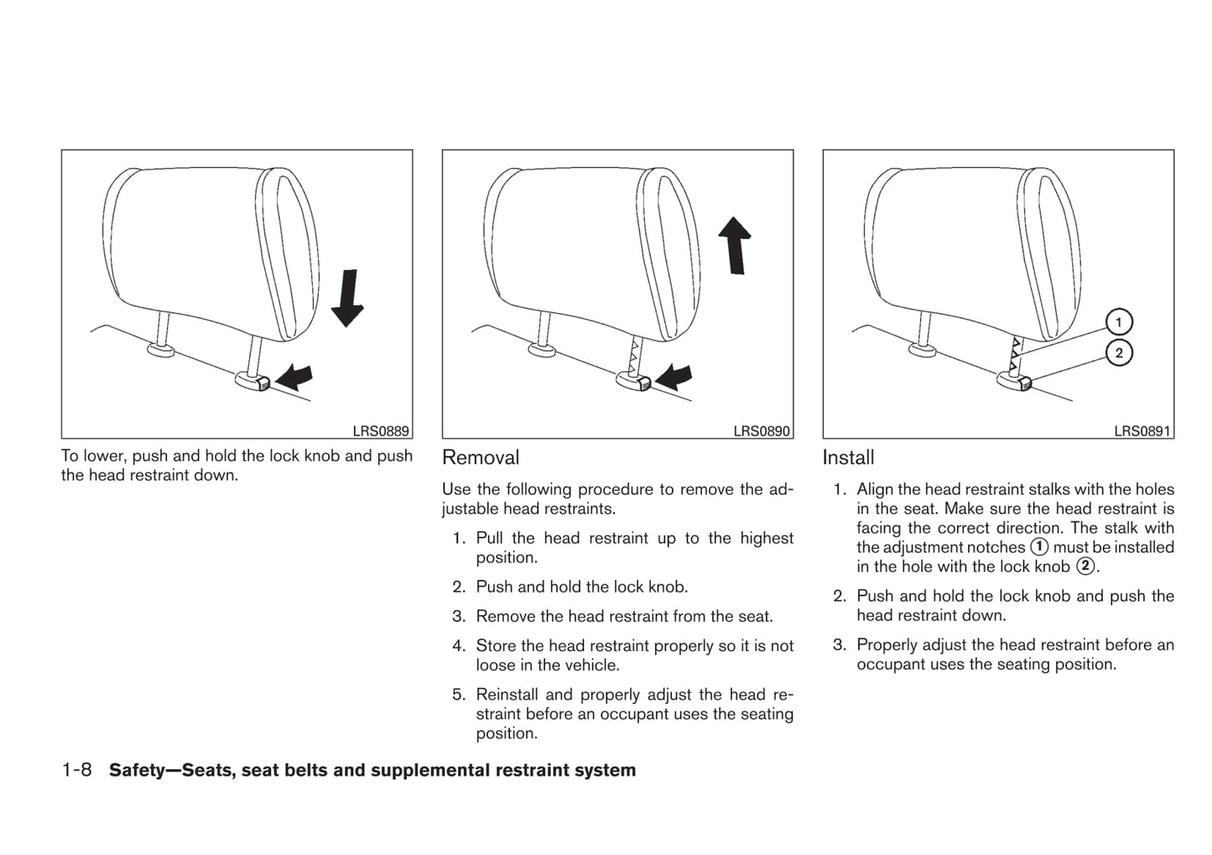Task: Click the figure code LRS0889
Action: (x=381, y=431)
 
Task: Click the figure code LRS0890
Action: (x=762, y=431)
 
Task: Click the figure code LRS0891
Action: (x=1142, y=431)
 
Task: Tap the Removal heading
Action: (x=481, y=457)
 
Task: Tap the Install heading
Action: (x=848, y=457)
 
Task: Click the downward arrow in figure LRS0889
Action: (x=346, y=298)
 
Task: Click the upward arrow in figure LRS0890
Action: (x=735, y=244)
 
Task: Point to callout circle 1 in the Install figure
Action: (x=1119, y=322)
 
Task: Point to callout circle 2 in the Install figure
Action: (x=1119, y=353)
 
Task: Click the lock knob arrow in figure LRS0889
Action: (x=294, y=377)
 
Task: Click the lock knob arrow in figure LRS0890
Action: (x=675, y=377)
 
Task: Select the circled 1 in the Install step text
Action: (x=1039, y=547)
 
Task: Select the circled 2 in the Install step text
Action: (x=1085, y=566)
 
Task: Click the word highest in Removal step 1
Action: (x=767, y=538)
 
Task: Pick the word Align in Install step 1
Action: (x=875, y=489)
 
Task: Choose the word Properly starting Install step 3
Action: (x=888, y=644)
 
